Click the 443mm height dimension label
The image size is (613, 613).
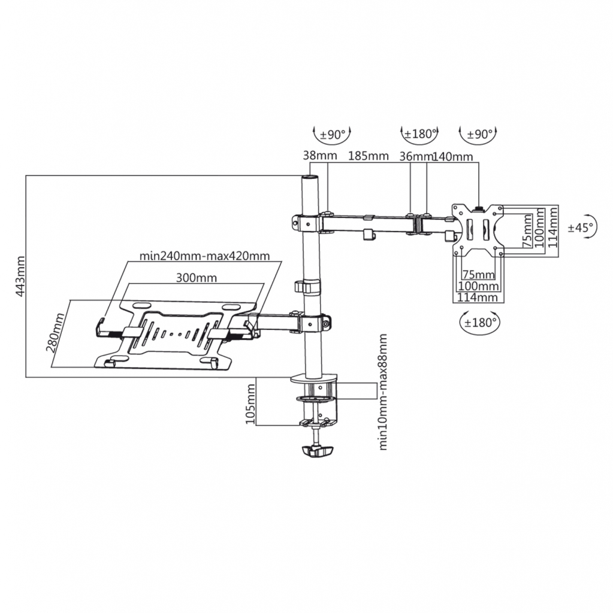tap(20, 276)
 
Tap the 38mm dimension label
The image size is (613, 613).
tap(320, 156)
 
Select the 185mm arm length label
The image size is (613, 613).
tap(369, 156)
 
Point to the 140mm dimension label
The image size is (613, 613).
tap(453, 156)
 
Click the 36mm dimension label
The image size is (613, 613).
tap(416, 156)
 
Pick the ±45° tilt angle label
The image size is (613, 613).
tap(581, 227)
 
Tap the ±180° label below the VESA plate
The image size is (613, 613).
tap(480, 323)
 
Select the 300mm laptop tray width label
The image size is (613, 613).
tap(196, 278)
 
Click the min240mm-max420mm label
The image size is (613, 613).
tap(205, 256)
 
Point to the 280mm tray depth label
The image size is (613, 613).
tap(55, 333)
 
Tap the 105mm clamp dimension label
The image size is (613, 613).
tap(250, 404)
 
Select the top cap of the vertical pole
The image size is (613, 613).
tap(310, 178)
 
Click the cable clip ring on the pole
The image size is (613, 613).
tap(307, 286)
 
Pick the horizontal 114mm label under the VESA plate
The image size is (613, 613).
tap(478, 297)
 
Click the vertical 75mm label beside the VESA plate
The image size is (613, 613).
tap(528, 230)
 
